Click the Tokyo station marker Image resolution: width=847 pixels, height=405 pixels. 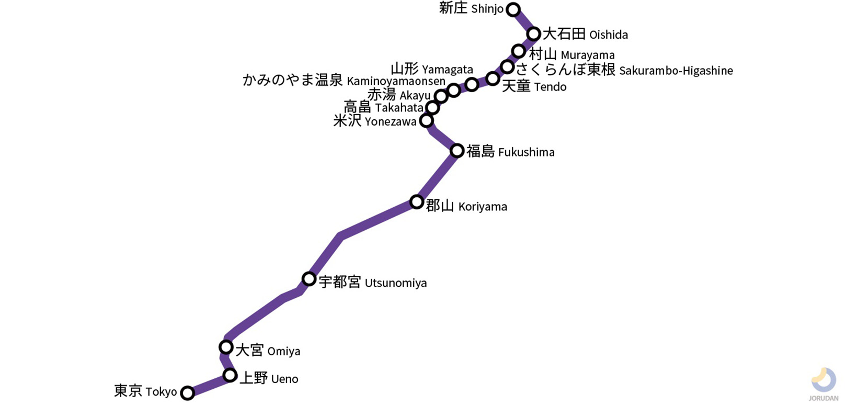pyautogui.click(x=187, y=392)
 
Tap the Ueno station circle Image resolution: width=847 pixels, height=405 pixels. pyautogui.click(x=230, y=375)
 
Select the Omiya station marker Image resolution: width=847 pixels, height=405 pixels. pyautogui.click(x=226, y=347)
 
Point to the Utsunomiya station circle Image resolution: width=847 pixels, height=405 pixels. pyautogui.click(x=309, y=278)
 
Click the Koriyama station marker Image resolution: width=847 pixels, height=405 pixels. pyautogui.click(x=417, y=201)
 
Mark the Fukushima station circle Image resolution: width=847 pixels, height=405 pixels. pyautogui.click(x=457, y=151)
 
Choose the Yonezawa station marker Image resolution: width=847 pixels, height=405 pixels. pyautogui.click(x=427, y=121)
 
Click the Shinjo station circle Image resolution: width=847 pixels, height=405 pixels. pyautogui.click(x=513, y=9)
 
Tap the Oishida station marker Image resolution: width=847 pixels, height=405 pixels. pyautogui.click(x=533, y=34)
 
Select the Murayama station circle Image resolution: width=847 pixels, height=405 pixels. pyautogui.click(x=519, y=51)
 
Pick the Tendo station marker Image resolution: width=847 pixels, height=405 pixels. pyautogui.click(x=493, y=78)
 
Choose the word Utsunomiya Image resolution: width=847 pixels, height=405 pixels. pyautogui.click(x=395, y=283)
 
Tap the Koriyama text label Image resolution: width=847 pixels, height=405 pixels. pyautogui.click(x=483, y=207)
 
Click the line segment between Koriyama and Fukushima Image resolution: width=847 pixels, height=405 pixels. pyautogui.click(x=437, y=176)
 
